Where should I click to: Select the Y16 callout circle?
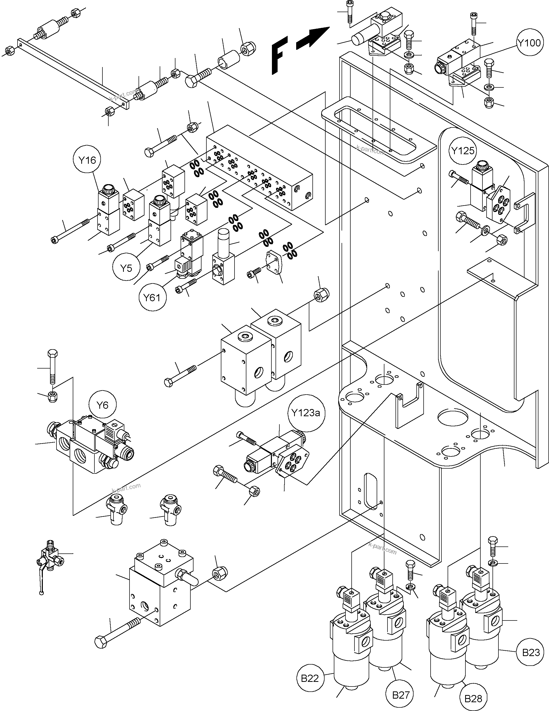tap(87, 160)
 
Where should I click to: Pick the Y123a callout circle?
tap(305, 413)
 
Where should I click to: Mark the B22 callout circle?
tap(310, 678)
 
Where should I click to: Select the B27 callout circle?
tap(400, 695)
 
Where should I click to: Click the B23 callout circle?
tap(531, 652)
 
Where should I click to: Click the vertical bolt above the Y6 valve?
tap(52, 366)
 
